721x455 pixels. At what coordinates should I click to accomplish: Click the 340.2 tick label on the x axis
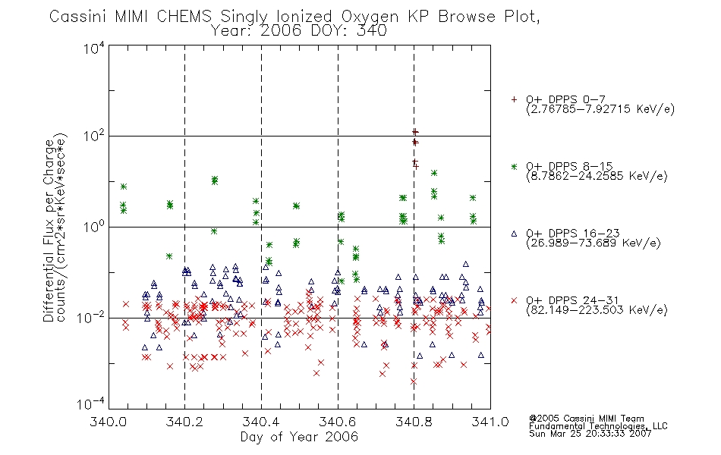(x=185, y=422)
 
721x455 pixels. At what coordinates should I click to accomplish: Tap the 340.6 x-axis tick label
(x=338, y=422)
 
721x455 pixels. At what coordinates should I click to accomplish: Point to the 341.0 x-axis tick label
(x=490, y=422)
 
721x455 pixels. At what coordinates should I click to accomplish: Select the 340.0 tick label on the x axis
(x=109, y=422)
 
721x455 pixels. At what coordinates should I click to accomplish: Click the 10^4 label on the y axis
(x=94, y=48)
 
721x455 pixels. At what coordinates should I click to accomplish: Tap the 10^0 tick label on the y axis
(x=94, y=226)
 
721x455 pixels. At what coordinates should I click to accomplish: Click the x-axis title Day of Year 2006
(x=299, y=437)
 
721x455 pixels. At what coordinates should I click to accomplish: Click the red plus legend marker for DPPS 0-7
(x=514, y=99)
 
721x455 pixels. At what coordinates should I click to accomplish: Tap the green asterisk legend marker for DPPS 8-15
(x=514, y=166)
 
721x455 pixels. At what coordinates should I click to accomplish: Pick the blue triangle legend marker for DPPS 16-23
(x=514, y=234)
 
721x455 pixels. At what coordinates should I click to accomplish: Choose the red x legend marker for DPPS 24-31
(x=514, y=300)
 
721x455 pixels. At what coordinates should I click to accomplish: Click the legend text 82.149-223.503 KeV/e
(x=597, y=310)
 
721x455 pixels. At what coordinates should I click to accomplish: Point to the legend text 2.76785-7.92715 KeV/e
(x=600, y=109)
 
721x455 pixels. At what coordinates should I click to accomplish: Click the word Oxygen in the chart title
(x=370, y=17)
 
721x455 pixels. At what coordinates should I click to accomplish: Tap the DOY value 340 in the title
(x=372, y=31)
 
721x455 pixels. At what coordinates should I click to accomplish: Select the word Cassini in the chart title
(x=77, y=17)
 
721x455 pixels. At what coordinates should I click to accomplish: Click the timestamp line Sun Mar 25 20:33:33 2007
(x=590, y=434)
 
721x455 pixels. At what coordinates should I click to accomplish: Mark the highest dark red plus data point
(x=414, y=133)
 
